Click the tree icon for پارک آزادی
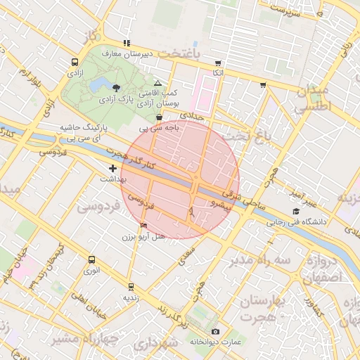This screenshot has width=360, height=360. click(x=116, y=87)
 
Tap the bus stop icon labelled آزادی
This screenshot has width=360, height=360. click(x=75, y=61)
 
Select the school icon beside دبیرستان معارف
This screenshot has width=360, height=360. click(x=127, y=43)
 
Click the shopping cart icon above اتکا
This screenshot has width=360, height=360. click(x=218, y=63)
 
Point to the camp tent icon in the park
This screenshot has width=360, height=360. click(x=157, y=83)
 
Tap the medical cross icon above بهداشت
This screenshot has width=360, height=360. click(x=112, y=168)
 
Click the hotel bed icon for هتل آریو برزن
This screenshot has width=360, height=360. click(x=144, y=226)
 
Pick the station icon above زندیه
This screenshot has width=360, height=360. click(x=130, y=286)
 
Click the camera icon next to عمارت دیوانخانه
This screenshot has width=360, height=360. click(x=215, y=331)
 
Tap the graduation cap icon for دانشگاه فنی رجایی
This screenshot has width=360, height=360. click(x=296, y=212)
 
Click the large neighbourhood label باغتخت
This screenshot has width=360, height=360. click(x=179, y=53)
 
